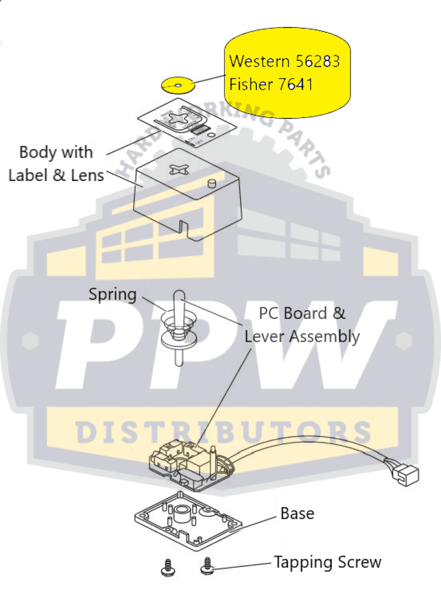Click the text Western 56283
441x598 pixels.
(x=284, y=61)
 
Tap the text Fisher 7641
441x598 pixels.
(x=271, y=85)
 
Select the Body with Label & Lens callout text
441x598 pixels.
(x=56, y=164)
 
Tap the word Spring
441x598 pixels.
(x=112, y=294)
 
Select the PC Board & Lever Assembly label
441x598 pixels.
(x=302, y=325)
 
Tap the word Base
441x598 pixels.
(x=297, y=514)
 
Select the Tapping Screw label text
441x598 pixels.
(x=328, y=562)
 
